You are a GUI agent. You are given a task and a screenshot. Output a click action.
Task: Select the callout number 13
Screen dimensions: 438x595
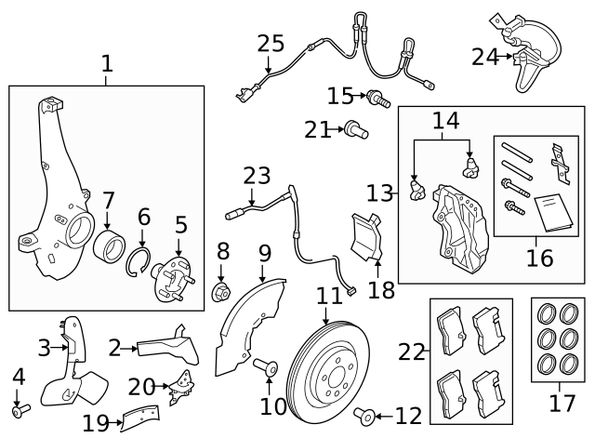(x=380, y=193)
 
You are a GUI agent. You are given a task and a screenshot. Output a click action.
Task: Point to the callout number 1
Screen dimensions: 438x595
(x=107, y=64)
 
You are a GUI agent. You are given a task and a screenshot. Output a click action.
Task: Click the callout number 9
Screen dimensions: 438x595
(x=264, y=252)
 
